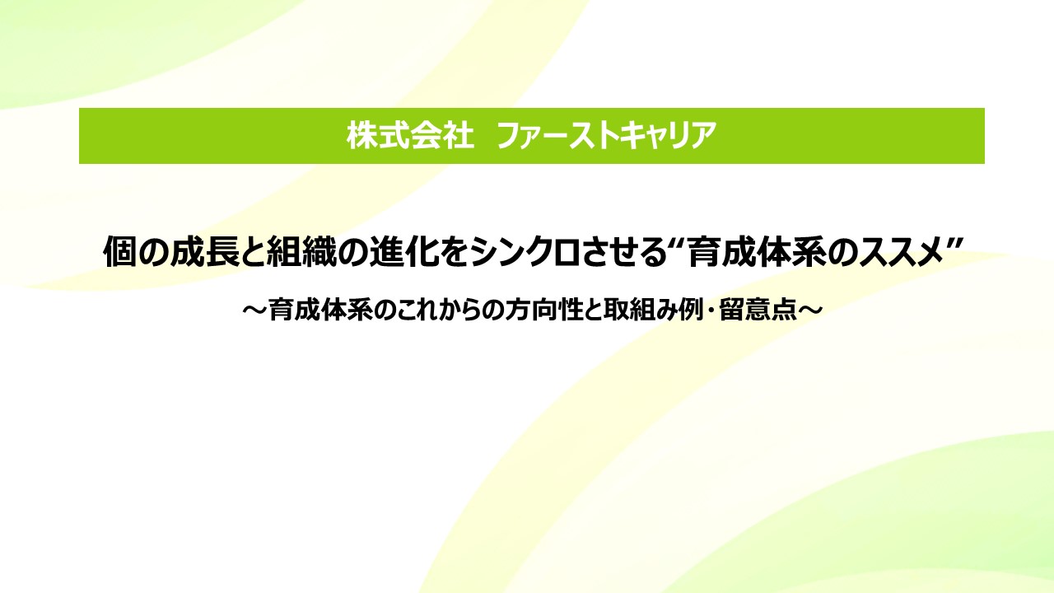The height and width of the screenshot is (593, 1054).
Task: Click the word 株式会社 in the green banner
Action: click(x=410, y=136)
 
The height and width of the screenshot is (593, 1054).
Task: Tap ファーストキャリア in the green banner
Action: click(x=607, y=136)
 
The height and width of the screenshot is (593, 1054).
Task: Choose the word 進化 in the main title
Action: click(x=403, y=251)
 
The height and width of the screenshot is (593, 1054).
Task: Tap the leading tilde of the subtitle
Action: click(x=255, y=311)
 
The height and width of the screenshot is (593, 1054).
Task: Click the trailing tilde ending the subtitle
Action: click(x=809, y=311)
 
